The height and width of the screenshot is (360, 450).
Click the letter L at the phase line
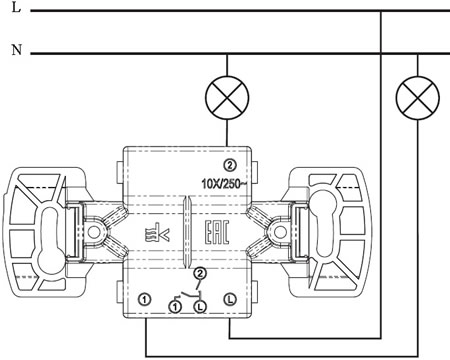pos(16,7)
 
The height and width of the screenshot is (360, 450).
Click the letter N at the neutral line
pos(17,50)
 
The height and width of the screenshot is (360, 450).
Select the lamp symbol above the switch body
pos(227,98)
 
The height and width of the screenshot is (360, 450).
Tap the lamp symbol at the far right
pos(418,98)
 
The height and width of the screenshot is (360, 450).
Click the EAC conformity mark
pos(216,233)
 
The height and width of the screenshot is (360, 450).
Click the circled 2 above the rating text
pos(230,165)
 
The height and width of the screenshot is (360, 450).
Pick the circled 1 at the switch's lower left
pos(145,299)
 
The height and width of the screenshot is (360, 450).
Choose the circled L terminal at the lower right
pos(230,299)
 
